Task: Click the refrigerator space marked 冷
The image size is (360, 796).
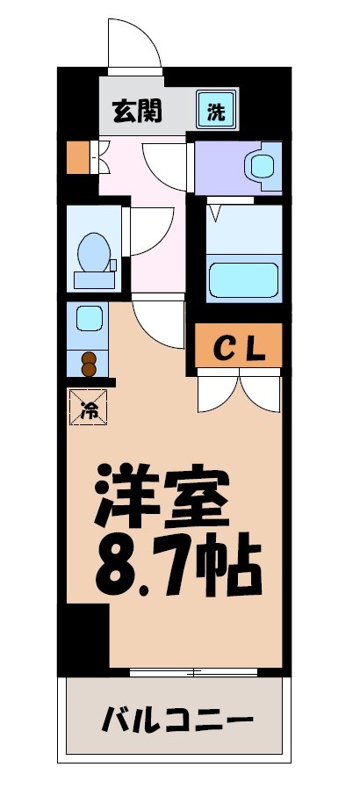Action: (x=88, y=408)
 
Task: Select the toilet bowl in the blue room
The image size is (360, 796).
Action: (x=93, y=252)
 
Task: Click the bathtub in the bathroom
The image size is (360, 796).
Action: (x=243, y=278)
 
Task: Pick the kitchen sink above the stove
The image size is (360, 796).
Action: (x=88, y=317)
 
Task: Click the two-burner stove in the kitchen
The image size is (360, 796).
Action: (x=88, y=363)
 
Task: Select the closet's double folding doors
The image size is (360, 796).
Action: (x=239, y=390)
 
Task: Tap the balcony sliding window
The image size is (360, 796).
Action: (x=194, y=672)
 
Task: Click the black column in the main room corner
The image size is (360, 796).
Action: (x=88, y=637)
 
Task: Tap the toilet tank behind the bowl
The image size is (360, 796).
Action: (x=95, y=280)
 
